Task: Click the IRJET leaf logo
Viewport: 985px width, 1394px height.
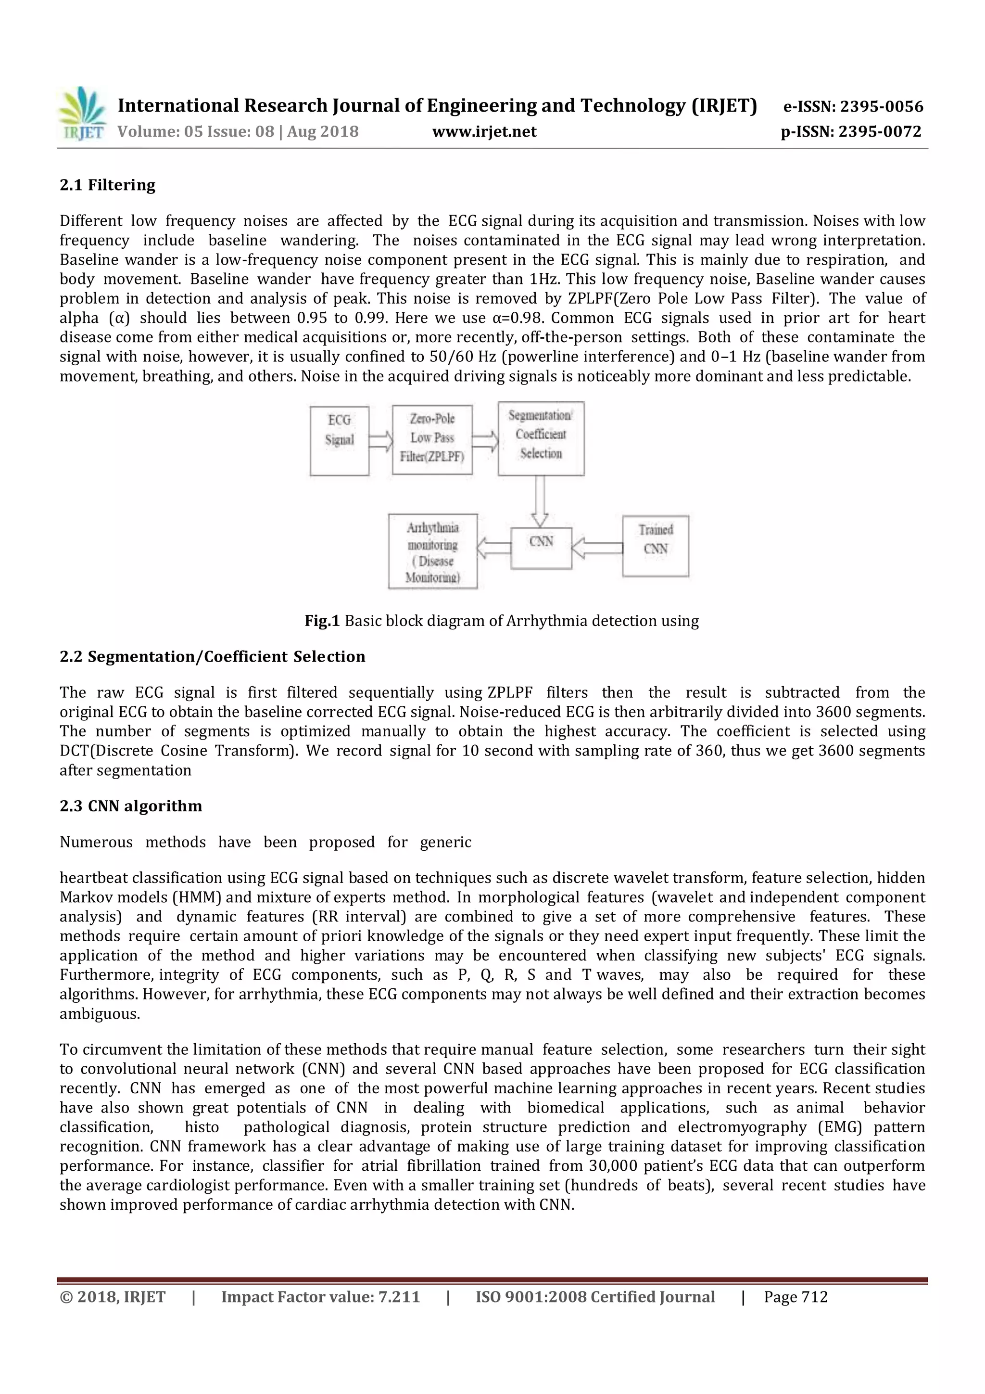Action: (82, 114)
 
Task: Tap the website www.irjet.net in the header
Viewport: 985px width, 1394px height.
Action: (484, 132)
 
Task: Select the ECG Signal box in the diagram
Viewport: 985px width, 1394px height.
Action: (339, 440)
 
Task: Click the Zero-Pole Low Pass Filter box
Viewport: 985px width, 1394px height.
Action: (432, 440)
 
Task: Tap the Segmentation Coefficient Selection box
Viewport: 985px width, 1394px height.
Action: (541, 438)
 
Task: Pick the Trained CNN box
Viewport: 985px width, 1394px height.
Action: (656, 545)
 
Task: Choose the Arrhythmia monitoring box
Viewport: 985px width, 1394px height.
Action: (433, 551)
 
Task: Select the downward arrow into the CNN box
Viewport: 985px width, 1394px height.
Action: (540, 501)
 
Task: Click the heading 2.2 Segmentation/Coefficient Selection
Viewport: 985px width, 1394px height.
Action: (213, 657)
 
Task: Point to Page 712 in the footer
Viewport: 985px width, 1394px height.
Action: (796, 1297)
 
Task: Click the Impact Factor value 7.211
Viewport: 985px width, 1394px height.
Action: (399, 1297)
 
